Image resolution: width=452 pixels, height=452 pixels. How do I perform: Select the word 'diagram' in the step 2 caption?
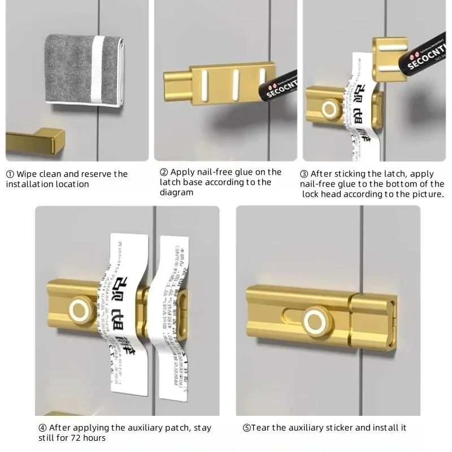tap(176, 193)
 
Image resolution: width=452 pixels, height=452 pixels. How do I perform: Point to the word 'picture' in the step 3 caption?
tap(424, 194)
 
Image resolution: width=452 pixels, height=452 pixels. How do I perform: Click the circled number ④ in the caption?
tap(42, 428)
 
